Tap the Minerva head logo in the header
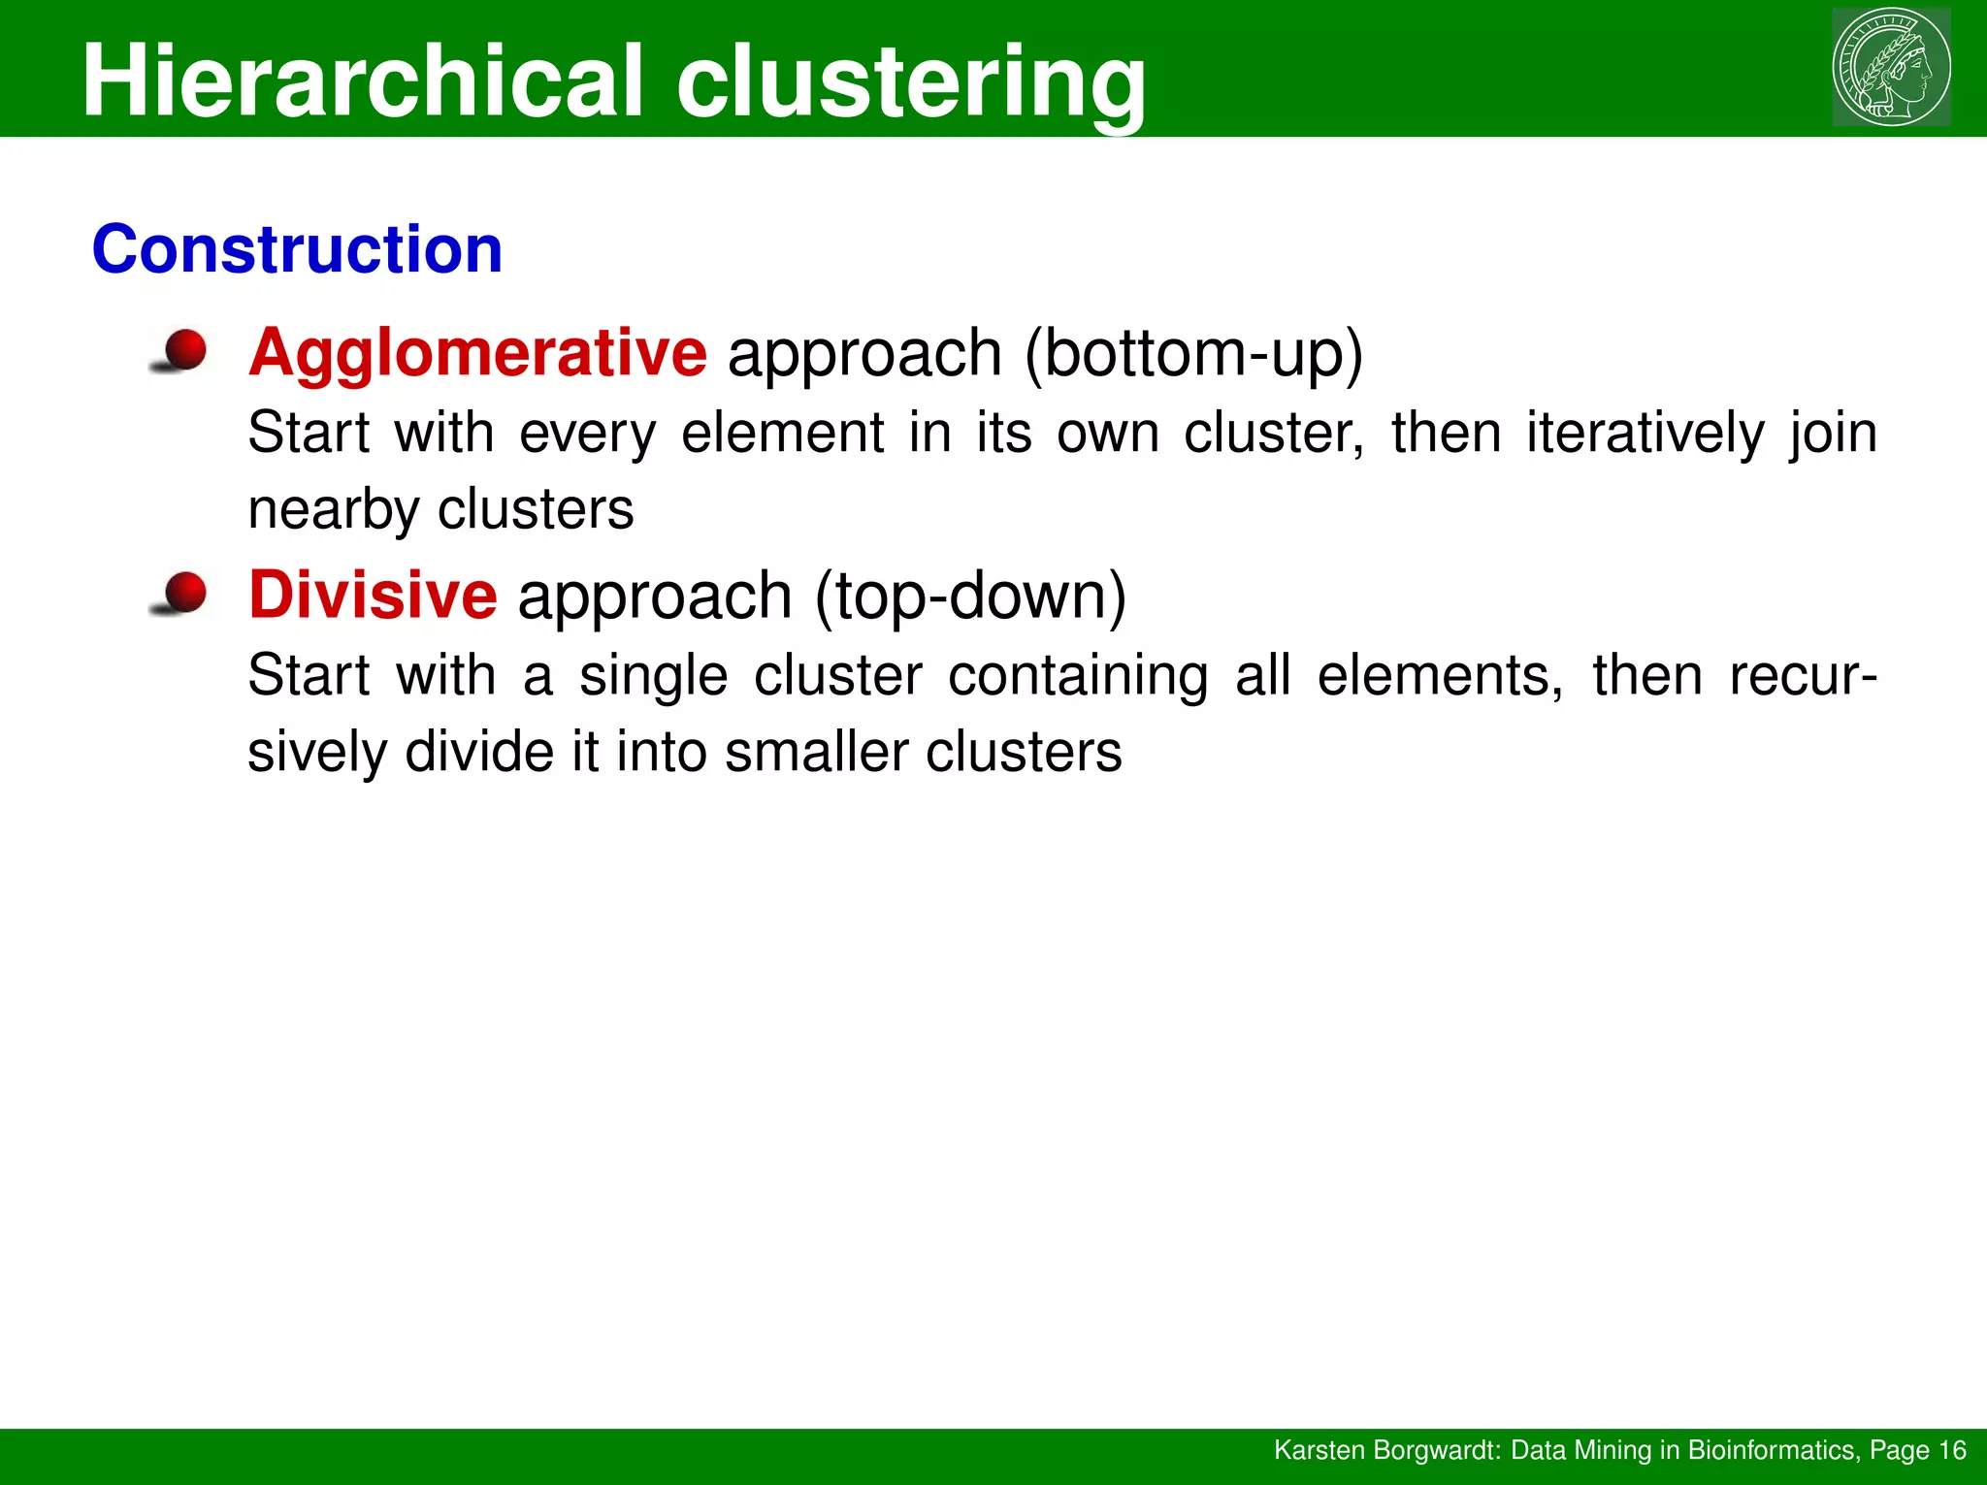tap(1890, 67)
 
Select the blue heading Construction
tap(297, 249)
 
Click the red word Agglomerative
tap(477, 353)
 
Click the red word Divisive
tap(373, 595)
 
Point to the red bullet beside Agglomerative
tap(182, 350)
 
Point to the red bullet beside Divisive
tap(182, 593)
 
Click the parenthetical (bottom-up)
tap(1193, 353)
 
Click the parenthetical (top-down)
tap(970, 595)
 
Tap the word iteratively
tap(1645, 433)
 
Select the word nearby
tap(330, 510)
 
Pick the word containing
tap(1077, 675)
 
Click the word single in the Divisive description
tap(653, 675)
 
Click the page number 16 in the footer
tap(1952, 1450)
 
